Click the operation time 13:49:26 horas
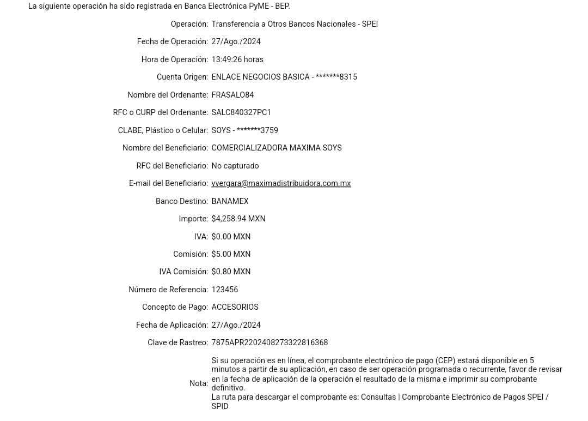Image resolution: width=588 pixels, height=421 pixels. point(237,59)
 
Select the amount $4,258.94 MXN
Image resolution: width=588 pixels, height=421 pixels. point(238,219)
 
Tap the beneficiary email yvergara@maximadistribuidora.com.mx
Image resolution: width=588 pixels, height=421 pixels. point(281,183)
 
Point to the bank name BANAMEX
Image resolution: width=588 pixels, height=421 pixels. point(230,201)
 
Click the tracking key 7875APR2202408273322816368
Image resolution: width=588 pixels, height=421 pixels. point(270,342)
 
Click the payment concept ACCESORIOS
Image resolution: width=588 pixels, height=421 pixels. point(235,307)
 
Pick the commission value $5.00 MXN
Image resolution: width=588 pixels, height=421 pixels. point(231,254)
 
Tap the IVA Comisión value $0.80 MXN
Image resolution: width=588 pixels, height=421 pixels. point(231,272)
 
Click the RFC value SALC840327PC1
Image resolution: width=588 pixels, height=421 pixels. point(241,113)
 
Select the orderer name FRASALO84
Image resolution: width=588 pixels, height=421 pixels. point(233,95)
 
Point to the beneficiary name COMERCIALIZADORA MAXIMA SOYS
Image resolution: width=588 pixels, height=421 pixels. point(277,148)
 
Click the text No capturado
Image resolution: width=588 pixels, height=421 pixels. point(235,166)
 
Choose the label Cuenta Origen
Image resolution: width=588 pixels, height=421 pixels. point(182,77)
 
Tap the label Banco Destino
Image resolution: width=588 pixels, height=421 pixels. point(181,201)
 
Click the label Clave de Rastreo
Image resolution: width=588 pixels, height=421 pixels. point(178,342)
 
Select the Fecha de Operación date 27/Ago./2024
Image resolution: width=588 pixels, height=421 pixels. point(236,41)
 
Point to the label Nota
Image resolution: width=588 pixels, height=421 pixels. point(199,383)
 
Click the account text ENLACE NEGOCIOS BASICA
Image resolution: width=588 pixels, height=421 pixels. point(260,77)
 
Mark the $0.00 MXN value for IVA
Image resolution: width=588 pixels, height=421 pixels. point(231,236)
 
